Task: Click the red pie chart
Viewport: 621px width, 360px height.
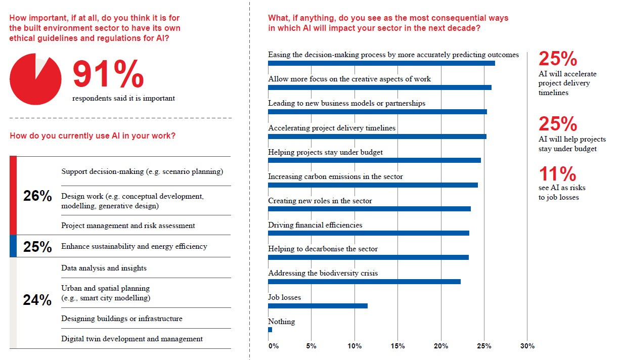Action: tap(35, 79)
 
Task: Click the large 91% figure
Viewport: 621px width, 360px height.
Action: tap(108, 75)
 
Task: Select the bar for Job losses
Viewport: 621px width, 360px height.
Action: tap(318, 306)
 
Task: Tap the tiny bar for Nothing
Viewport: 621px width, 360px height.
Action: tap(270, 330)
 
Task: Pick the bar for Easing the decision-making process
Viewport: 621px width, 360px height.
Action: tap(381, 63)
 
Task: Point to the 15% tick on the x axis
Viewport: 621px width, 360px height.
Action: tap(398, 346)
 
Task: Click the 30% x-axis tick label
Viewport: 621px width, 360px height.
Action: tap(527, 346)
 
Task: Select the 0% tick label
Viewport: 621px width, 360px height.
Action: tap(274, 346)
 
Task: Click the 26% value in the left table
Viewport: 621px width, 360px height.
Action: tap(37, 196)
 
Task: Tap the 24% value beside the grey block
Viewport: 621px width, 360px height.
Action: tap(37, 300)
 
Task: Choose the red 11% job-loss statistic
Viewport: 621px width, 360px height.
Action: tap(557, 174)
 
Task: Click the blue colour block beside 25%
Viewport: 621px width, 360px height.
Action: tap(13, 246)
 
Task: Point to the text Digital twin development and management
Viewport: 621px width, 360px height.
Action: tap(132, 339)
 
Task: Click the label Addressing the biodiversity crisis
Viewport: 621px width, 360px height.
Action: tap(323, 273)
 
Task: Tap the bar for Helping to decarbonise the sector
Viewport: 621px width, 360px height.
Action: tap(368, 257)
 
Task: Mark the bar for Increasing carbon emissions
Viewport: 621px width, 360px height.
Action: tap(373, 185)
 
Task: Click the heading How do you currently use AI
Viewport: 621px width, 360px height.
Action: tap(93, 136)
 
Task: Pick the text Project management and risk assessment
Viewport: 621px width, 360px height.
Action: tap(128, 226)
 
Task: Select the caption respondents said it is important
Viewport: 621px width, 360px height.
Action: tap(123, 98)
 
